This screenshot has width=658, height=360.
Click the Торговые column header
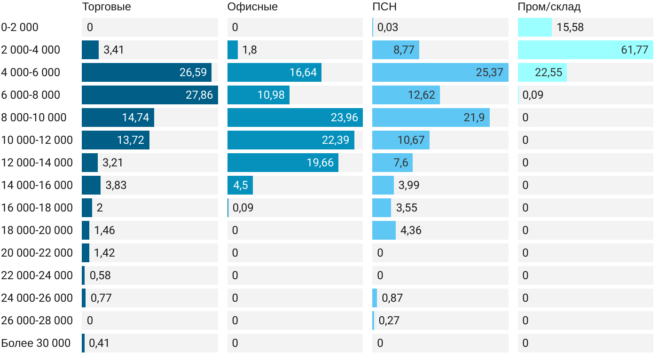(x=106, y=7)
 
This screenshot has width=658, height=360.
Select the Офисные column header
(x=252, y=7)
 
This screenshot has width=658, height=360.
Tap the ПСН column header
(x=384, y=7)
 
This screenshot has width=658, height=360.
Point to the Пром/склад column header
(x=549, y=7)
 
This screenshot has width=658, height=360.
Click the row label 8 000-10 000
(x=34, y=117)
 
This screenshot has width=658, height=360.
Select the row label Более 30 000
(x=36, y=343)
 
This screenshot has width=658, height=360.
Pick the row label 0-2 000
(x=20, y=27)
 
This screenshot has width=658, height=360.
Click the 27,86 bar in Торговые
(x=149, y=95)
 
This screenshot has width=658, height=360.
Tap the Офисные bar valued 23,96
(x=295, y=117)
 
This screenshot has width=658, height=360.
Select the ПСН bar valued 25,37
(x=440, y=72)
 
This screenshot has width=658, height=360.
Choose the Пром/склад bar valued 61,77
(x=585, y=50)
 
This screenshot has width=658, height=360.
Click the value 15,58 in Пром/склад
(x=570, y=27)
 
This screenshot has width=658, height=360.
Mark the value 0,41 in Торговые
(x=99, y=343)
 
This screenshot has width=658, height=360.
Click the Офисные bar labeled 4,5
(x=240, y=185)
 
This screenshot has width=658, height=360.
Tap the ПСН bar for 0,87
(x=375, y=298)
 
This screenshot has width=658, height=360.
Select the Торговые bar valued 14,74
(x=117, y=117)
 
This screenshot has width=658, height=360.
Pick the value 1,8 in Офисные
(x=250, y=50)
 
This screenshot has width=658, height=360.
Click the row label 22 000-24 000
(x=37, y=275)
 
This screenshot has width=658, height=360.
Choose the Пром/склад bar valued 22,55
(x=542, y=72)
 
